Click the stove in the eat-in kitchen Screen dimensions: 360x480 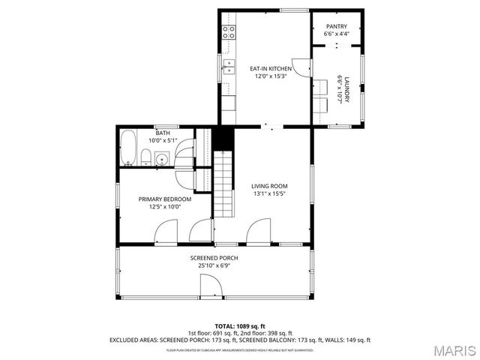click(229, 31)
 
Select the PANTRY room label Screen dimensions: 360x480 click(336, 26)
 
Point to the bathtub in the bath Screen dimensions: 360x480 click(128, 148)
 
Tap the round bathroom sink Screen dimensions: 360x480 click(161, 158)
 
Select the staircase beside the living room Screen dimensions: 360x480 click(223, 184)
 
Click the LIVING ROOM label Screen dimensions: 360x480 click(269, 186)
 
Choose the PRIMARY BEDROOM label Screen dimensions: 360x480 click(164, 199)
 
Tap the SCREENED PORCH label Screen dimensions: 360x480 click(214, 258)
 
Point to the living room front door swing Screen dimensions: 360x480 click(259, 230)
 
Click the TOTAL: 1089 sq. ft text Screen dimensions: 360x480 click(239, 326)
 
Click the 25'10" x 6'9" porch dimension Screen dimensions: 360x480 click(214, 265)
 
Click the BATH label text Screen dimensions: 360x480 click(163, 133)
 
